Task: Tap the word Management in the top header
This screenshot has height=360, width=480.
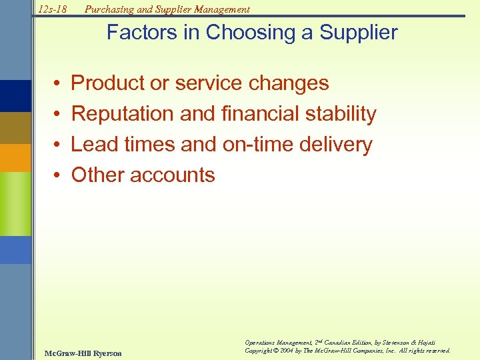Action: [x=221, y=9]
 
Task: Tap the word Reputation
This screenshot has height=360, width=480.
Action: [x=123, y=114]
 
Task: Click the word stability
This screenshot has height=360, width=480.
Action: [x=341, y=114]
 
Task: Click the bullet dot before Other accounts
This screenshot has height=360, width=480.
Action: [x=59, y=175]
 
